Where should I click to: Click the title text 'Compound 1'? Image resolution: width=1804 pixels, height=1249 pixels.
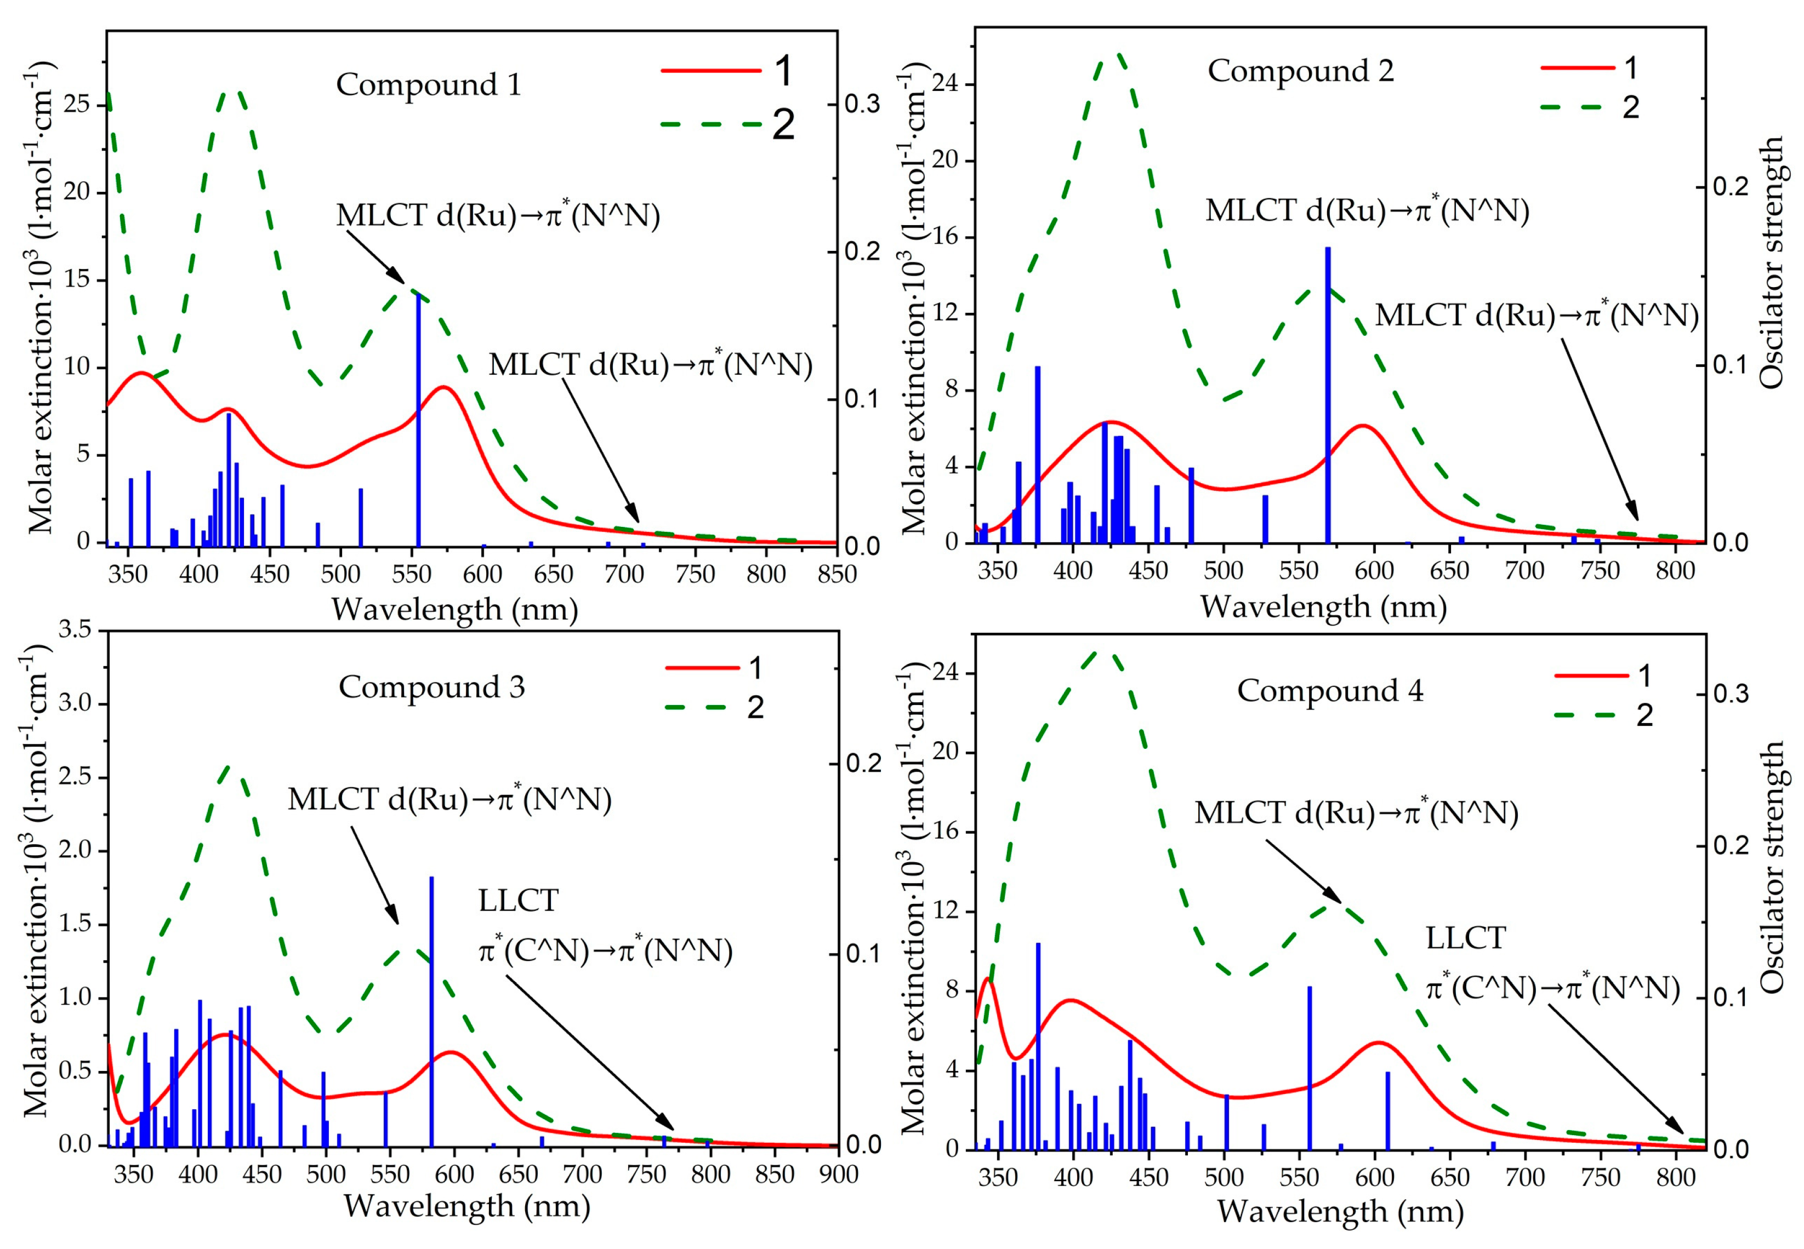click(x=428, y=84)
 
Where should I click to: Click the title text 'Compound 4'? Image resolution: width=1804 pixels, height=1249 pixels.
click(x=1329, y=690)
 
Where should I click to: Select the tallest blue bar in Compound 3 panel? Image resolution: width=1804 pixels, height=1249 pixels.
click(x=431, y=1010)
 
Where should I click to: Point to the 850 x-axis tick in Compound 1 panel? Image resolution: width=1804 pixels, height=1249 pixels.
click(x=836, y=575)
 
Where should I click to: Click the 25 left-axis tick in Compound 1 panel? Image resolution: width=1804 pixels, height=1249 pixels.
click(x=77, y=104)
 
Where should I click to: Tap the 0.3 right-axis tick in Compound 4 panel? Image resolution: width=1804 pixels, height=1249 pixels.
click(x=1731, y=694)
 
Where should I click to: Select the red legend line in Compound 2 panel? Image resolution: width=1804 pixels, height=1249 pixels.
click(x=1577, y=68)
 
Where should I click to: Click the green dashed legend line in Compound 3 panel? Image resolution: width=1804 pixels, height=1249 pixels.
click(x=702, y=707)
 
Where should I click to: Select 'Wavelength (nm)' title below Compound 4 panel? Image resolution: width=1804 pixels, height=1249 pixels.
click(x=1340, y=1211)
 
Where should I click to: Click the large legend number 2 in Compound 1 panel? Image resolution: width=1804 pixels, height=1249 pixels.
click(x=783, y=124)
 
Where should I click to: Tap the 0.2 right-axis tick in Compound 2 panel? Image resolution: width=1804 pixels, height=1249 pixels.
click(x=1731, y=186)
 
